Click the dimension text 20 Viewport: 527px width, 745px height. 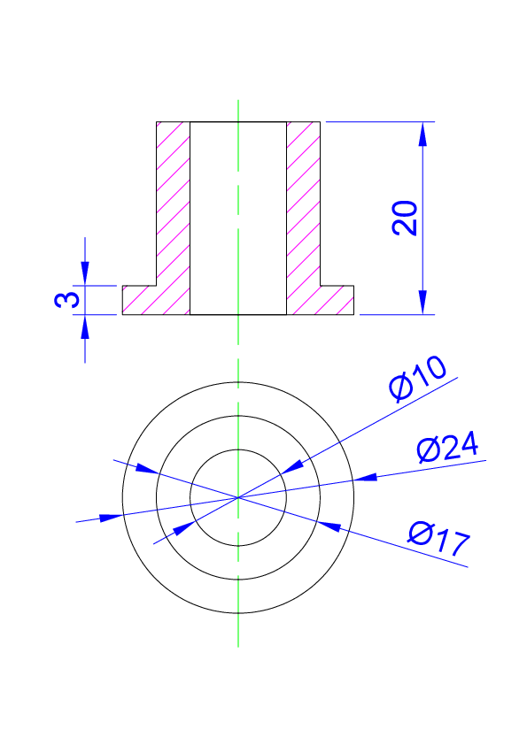tap(404, 218)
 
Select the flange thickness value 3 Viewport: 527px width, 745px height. tap(66, 300)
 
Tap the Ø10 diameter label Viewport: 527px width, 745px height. tap(417, 383)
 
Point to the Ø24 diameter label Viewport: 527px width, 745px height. tap(447, 448)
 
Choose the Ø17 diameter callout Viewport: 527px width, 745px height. tap(439, 539)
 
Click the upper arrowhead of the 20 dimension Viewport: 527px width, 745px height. tap(422, 134)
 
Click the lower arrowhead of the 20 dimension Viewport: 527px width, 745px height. tap(422, 303)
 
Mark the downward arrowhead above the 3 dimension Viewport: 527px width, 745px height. tap(85, 273)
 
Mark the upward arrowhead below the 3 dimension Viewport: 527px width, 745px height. tap(85, 326)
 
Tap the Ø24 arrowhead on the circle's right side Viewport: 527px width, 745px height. tap(365, 478)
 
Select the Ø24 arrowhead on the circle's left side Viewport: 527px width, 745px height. tap(112, 518)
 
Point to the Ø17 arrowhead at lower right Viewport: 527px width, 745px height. tap(329, 526)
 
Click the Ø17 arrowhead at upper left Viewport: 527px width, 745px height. tap(147, 468)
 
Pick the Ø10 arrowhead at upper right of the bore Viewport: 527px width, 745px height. tap(291, 467)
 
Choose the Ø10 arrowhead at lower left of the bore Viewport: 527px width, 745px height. tap(184, 528)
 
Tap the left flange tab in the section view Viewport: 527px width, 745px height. tap(140, 300)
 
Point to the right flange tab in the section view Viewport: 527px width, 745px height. tap(337, 300)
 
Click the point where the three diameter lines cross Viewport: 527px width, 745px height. tap(238, 497)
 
